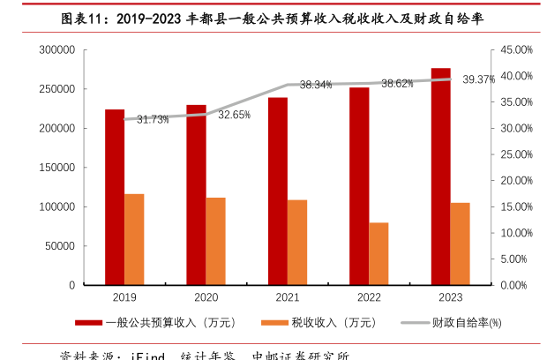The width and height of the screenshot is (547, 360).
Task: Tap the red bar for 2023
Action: pos(441,176)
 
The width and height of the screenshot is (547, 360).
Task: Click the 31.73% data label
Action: pos(153,119)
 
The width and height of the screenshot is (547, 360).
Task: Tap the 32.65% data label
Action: pos(235,115)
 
